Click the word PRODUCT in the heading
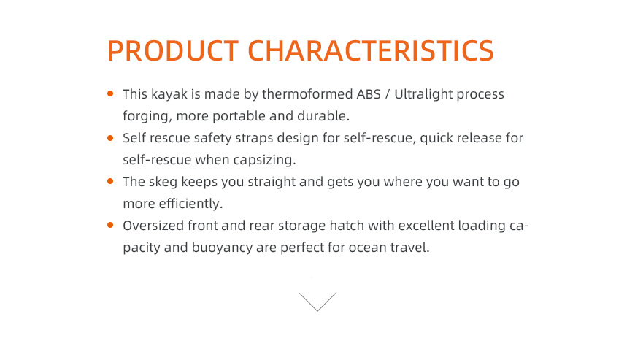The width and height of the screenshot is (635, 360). [x=173, y=50]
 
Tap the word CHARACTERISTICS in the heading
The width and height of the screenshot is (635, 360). [x=371, y=50]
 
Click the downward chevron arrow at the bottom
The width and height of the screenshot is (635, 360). [x=317, y=302]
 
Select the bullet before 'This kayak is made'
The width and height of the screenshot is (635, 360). [x=110, y=93]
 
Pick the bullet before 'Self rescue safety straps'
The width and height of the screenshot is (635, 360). [x=110, y=138]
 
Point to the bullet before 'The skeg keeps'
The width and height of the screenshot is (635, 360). [x=110, y=181]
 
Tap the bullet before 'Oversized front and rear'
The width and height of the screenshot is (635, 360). [x=110, y=225]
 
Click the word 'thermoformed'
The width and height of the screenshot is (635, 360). [x=307, y=94]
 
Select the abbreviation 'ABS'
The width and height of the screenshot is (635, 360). [x=369, y=94]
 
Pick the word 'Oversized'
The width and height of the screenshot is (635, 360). [x=153, y=226]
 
